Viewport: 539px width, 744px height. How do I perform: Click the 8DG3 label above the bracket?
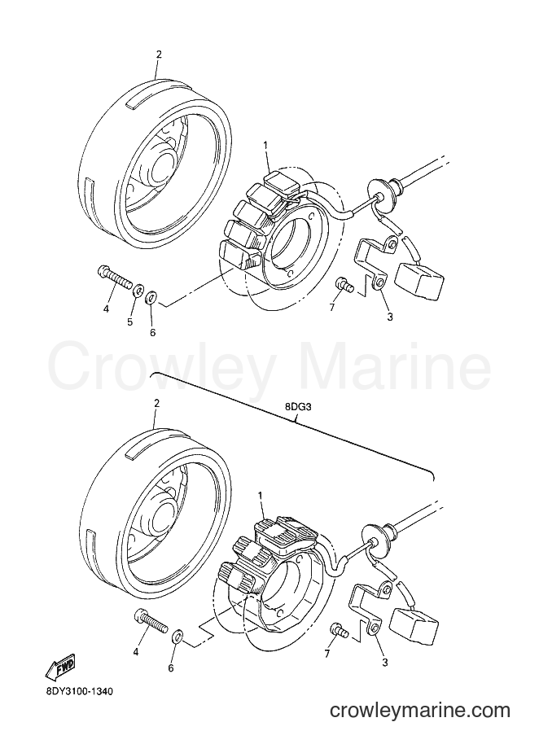(297, 407)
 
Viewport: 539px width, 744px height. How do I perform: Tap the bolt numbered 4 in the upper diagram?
(114, 276)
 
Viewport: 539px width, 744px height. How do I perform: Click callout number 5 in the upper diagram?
(129, 322)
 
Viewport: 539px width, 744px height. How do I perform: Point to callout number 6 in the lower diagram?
(171, 667)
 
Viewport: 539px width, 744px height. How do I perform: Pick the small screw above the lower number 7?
(340, 630)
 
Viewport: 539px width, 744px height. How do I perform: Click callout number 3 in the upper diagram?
(390, 317)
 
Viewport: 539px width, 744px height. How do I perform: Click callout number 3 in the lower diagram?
(385, 663)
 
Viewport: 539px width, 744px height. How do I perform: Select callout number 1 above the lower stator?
(260, 495)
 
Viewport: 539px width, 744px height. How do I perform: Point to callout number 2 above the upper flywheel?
(159, 54)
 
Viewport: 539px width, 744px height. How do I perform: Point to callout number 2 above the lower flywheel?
(156, 403)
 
